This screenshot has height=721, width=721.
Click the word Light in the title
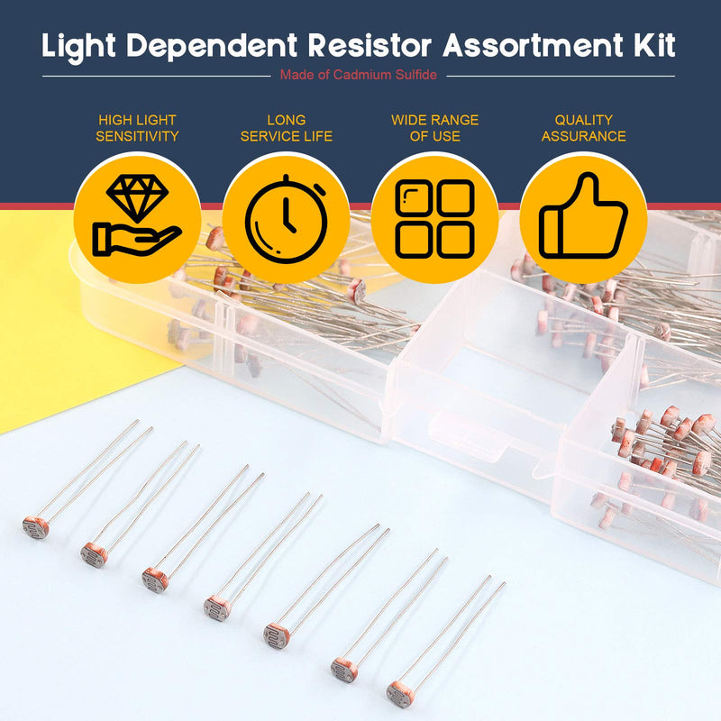click(x=78, y=46)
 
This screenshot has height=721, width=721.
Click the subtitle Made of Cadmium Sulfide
click(x=358, y=75)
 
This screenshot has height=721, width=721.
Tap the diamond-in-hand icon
click(x=137, y=217)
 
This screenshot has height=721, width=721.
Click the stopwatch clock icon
click(x=286, y=217)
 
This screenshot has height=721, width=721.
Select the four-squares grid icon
click(x=434, y=217)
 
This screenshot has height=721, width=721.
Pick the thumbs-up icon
click(x=583, y=217)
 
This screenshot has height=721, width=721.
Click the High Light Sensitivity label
click(x=137, y=128)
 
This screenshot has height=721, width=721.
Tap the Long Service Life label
click(x=287, y=128)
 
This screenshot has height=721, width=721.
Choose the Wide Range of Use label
click(x=434, y=128)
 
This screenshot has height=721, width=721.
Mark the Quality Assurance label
click(x=583, y=128)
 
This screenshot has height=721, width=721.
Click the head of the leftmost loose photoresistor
click(x=35, y=527)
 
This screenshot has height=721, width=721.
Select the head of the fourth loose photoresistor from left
click(x=216, y=608)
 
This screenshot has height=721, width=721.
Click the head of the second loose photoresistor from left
click(x=93, y=554)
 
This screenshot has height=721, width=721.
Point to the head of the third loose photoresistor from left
click(x=154, y=580)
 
